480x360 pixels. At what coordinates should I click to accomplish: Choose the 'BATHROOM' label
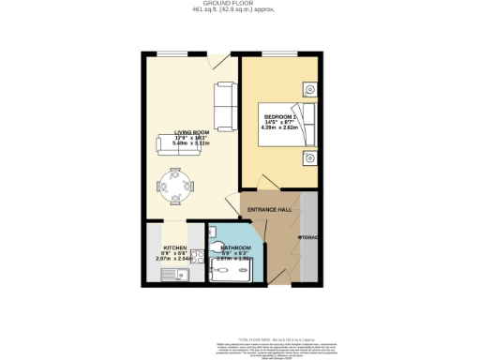(x=230, y=247)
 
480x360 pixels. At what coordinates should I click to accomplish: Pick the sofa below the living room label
(x=178, y=144)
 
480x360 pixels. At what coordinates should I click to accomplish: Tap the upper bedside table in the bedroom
(x=308, y=89)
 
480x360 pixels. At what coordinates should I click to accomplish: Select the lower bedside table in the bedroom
(x=308, y=158)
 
